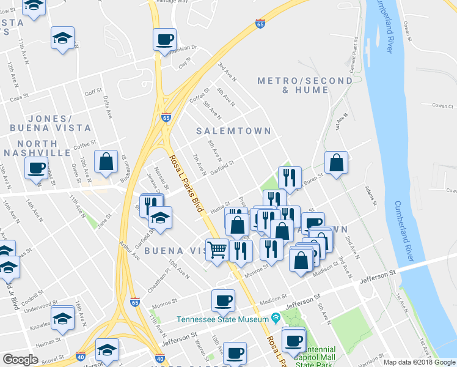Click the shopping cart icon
(x=218, y=249)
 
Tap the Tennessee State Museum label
(x=222, y=319)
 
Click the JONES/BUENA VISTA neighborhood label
(x=51, y=123)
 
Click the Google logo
(x=20, y=360)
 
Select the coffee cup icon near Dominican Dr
(x=164, y=39)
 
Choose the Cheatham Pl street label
(x=158, y=278)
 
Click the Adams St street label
(x=371, y=195)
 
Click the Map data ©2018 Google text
(x=419, y=362)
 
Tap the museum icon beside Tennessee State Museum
(x=276, y=318)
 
